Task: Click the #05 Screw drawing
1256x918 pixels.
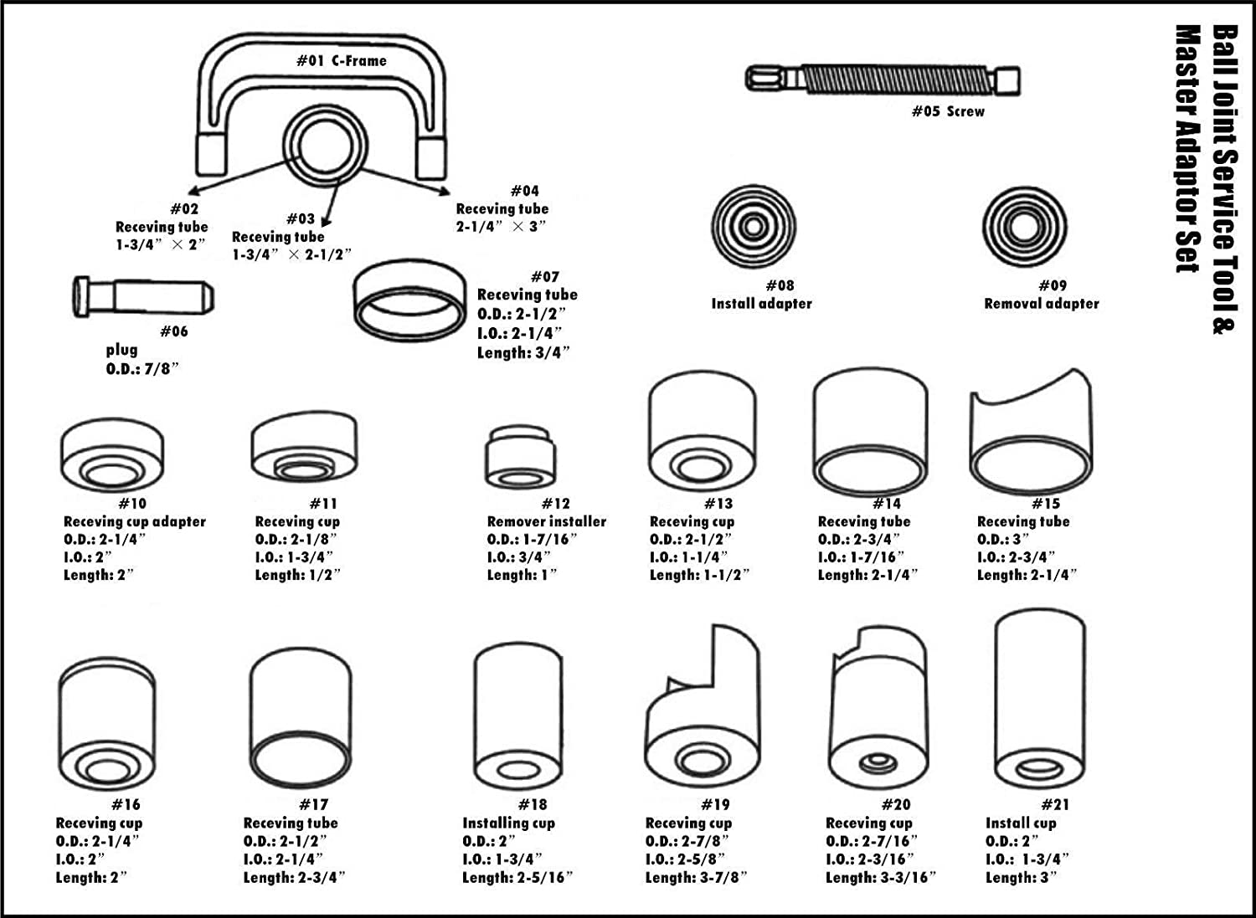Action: (883, 80)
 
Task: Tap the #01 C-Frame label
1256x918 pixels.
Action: (342, 60)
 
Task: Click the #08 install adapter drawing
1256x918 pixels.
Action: (753, 228)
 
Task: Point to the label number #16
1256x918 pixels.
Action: (126, 804)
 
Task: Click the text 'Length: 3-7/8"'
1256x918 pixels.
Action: (696, 877)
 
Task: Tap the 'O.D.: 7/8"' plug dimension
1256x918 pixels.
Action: (142, 368)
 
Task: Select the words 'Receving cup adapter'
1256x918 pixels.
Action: (134, 521)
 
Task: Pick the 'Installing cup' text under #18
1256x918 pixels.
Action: (508, 823)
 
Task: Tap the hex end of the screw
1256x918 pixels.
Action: (761, 79)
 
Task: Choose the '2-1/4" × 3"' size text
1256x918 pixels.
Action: (501, 227)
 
